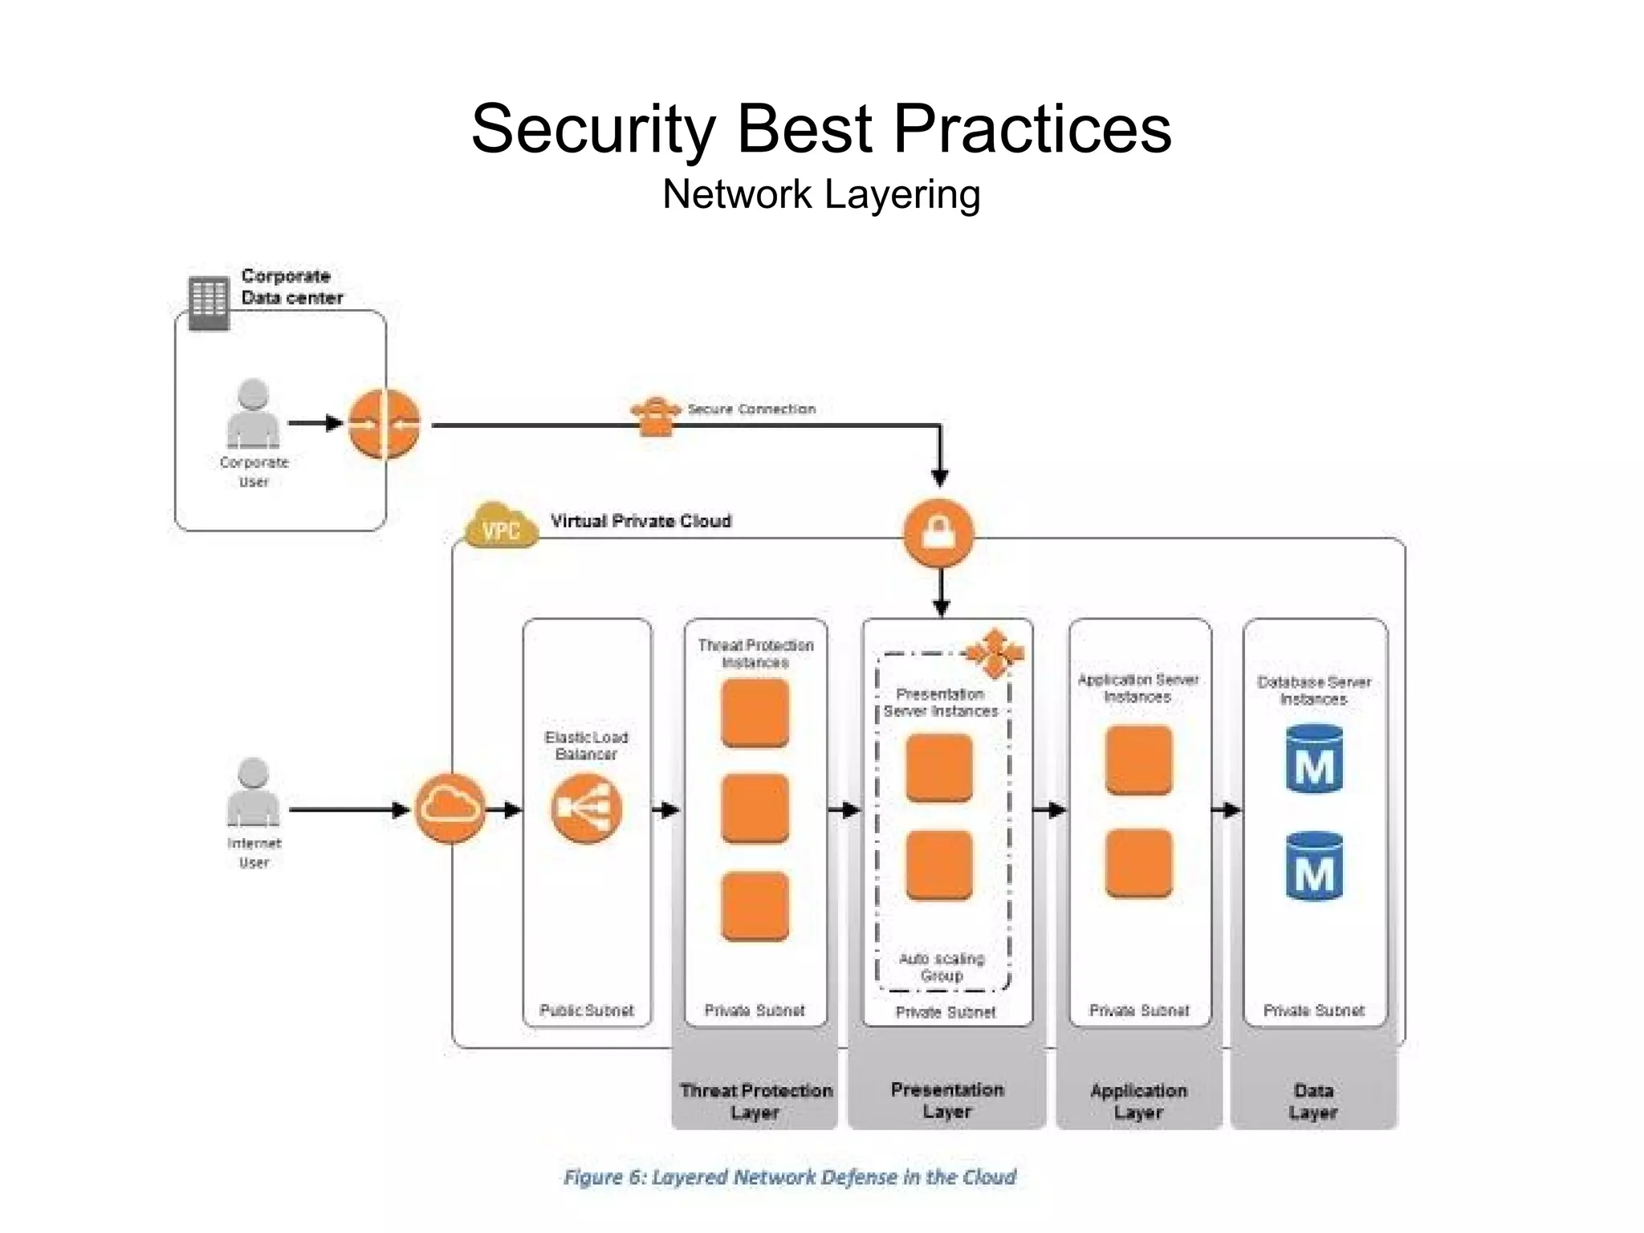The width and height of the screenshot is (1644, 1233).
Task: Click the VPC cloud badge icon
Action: [x=502, y=526]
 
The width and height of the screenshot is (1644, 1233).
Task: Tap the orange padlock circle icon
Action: [x=938, y=533]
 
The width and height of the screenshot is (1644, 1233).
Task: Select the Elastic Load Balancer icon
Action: [x=587, y=808]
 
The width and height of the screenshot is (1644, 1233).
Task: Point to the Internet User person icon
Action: [x=253, y=792]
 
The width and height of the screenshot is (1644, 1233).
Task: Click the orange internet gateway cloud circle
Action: [x=450, y=808]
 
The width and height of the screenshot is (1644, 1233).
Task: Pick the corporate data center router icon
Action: [x=385, y=423]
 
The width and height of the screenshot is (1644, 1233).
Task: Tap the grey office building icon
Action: [x=209, y=303]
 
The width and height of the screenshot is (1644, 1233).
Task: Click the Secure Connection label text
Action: [x=751, y=409]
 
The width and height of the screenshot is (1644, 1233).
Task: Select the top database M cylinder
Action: [x=1314, y=759]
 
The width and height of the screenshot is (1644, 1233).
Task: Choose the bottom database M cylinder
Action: [x=1314, y=866]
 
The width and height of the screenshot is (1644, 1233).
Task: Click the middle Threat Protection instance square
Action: [x=755, y=808]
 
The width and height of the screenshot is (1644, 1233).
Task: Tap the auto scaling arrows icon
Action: [x=995, y=653]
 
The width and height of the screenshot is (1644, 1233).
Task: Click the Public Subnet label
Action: [x=587, y=1011]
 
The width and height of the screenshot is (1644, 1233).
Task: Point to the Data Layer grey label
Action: [x=1313, y=1101]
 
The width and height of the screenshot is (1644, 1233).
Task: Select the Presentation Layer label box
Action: [x=947, y=1101]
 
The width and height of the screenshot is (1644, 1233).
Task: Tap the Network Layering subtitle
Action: [x=821, y=194]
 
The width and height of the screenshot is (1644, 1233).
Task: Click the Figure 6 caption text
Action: [x=789, y=1177]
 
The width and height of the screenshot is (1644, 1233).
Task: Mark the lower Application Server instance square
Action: [x=1138, y=864]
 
